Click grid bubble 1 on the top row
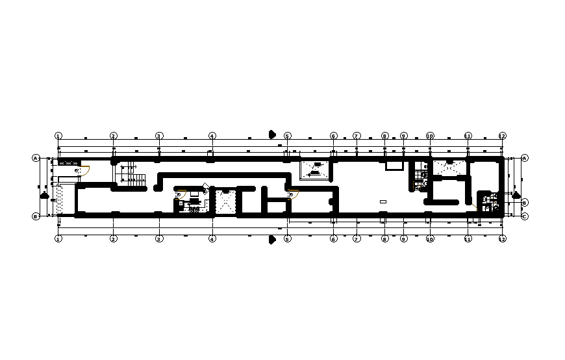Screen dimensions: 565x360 click(58, 136)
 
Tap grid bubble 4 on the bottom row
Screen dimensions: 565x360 click(212, 239)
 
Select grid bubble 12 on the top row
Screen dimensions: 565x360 click(502, 136)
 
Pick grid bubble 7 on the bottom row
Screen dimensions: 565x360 click(356, 239)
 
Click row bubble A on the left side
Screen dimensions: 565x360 click(36, 158)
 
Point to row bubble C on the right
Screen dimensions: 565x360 click(524, 216)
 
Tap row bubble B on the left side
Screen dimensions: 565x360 click(36, 216)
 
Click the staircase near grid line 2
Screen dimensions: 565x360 click(134, 176)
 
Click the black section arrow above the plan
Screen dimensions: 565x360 click(272, 135)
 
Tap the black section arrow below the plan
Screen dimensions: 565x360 click(272, 240)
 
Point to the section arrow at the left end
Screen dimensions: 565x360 click(44, 194)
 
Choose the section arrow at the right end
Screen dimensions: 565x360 click(516, 194)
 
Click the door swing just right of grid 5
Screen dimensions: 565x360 click(293, 194)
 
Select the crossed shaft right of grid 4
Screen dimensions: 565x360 click(225, 201)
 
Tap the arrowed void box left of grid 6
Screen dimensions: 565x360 click(315, 170)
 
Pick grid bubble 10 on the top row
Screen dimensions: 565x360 click(430, 136)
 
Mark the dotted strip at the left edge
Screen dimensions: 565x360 click(60, 199)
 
